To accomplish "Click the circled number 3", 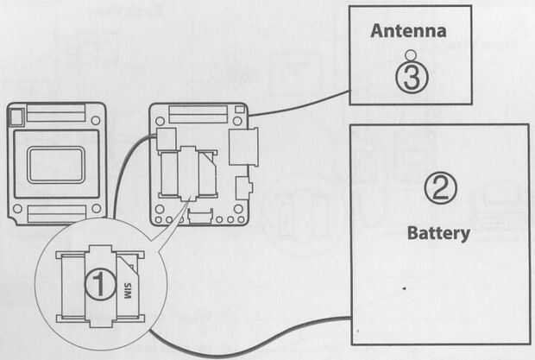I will pos(412,77).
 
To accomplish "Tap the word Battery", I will pos(438,233).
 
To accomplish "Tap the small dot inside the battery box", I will pos(404,285).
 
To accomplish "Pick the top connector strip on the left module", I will pos(57,115).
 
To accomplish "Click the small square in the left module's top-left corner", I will pos(16,111).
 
